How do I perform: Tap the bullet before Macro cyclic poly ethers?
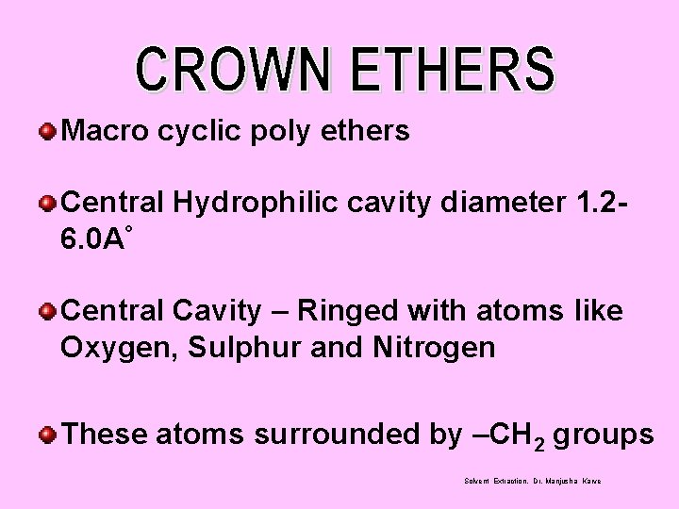[46, 131]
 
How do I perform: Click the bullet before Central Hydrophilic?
[46, 202]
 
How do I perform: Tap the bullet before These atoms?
[46, 435]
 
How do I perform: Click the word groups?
[604, 435]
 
